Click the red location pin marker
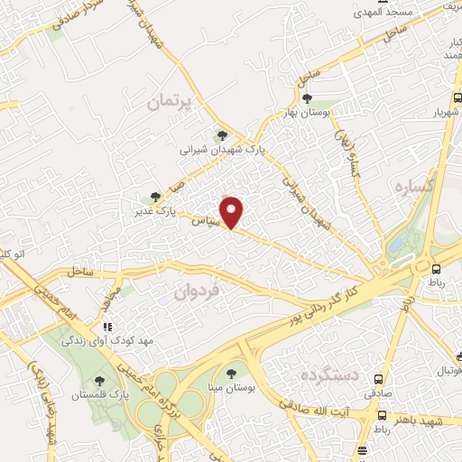pos(233,211)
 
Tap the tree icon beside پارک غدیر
pos(155,196)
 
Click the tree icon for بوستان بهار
pos(307,97)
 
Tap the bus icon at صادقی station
pos(380,380)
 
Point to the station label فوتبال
pos(448,371)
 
